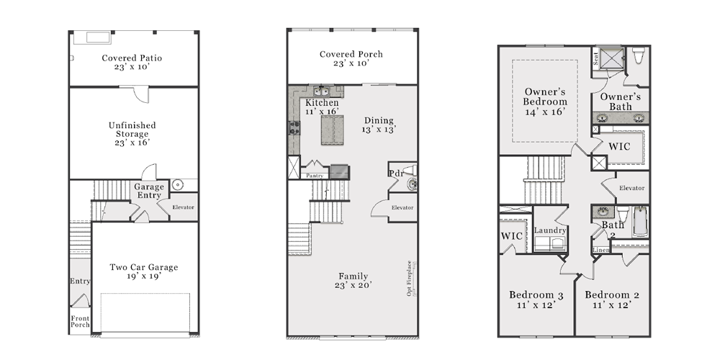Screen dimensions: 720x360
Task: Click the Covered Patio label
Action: coord(132,62)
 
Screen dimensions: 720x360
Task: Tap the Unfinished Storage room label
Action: coord(132,134)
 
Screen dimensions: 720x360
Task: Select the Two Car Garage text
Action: coord(144,271)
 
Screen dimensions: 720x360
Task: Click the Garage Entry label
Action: coord(149,191)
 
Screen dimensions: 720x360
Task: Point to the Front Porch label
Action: coord(80,321)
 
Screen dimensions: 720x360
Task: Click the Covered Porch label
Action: coord(351,58)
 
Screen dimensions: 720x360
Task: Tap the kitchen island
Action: coord(332,130)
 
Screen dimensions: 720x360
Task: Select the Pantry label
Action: coord(315,176)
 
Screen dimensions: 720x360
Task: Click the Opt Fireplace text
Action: coord(409,278)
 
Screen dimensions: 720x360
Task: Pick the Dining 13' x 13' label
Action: coord(379,125)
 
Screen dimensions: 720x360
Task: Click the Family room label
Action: coord(353,281)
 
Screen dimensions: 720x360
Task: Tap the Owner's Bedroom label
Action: coord(545,102)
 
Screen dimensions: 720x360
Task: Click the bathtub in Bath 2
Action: coord(639,221)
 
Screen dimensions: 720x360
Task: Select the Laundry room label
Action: coord(550,230)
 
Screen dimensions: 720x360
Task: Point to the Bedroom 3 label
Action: coord(536,300)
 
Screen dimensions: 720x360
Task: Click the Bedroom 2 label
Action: coord(612,300)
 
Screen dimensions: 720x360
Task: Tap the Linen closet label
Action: coord(601,250)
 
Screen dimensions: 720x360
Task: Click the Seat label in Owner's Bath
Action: coord(596,59)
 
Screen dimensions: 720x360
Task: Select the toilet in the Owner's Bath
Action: coord(639,55)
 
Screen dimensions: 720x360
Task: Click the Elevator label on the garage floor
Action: coord(183,207)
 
